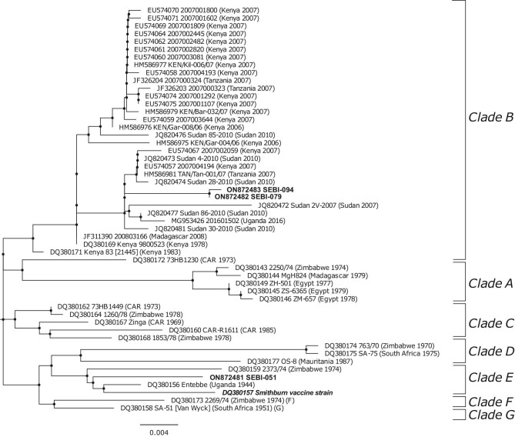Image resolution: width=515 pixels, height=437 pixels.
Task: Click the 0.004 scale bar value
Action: coord(160,431)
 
